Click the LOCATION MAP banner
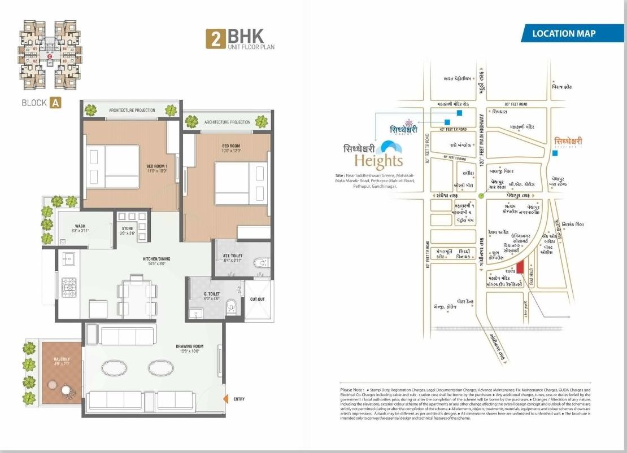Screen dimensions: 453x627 coord(563,33)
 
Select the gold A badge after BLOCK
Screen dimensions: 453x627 coord(55,103)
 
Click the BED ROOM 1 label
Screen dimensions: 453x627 coord(156,168)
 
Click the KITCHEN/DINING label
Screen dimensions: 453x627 coord(156,261)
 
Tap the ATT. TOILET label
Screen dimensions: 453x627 coord(232,258)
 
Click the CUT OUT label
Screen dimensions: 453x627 coord(257,299)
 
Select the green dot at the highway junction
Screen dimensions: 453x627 coord(481,195)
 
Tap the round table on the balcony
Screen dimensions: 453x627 coord(67,390)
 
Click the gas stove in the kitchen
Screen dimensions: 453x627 coord(68,287)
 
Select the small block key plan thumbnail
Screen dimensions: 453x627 coord(50,55)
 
